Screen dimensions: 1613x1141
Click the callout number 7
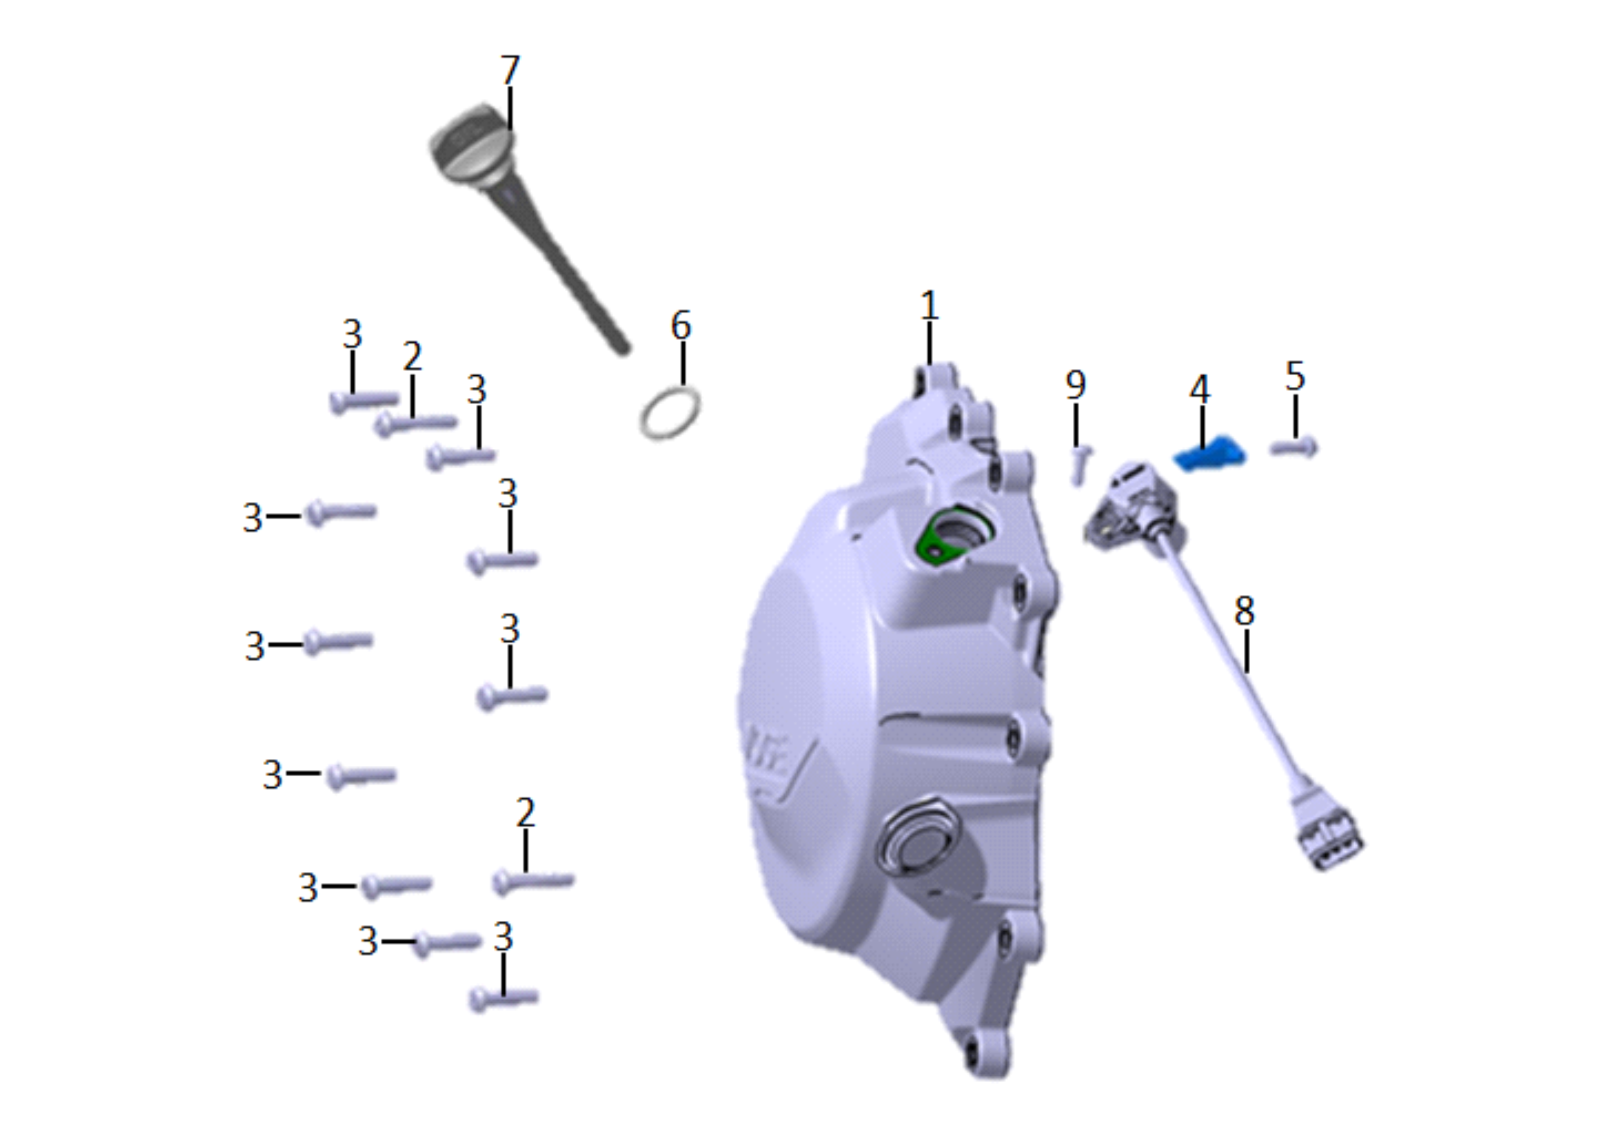[510, 70]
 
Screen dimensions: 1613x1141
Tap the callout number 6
[681, 325]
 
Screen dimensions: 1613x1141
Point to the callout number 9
[1075, 384]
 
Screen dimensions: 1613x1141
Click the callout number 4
[1200, 389]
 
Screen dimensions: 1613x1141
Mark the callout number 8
[1244, 611]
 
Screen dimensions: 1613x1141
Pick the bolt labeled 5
[1294, 447]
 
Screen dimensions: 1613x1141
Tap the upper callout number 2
[412, 356]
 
